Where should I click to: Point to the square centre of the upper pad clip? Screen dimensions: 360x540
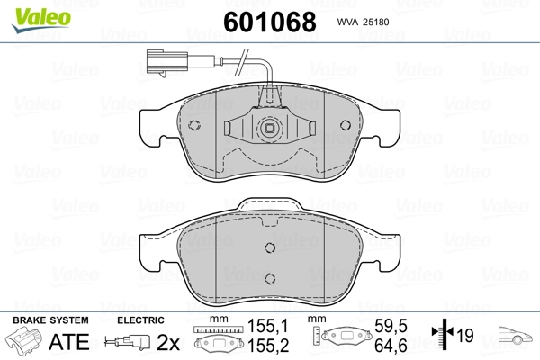(268, 130)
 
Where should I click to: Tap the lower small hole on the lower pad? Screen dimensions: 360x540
(268, 276)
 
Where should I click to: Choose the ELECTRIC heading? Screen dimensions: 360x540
(140, 320)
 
